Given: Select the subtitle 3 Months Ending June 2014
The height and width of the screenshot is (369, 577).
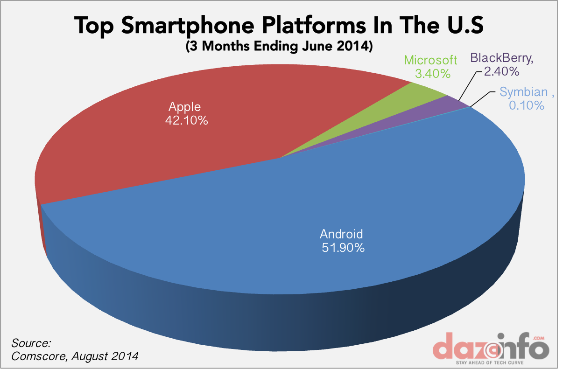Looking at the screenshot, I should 279,47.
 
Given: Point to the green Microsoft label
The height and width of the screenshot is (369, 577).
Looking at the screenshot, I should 430,60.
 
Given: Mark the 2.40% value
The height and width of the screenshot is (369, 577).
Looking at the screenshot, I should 501,71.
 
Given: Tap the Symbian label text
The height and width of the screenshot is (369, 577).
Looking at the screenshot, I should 523,92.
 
